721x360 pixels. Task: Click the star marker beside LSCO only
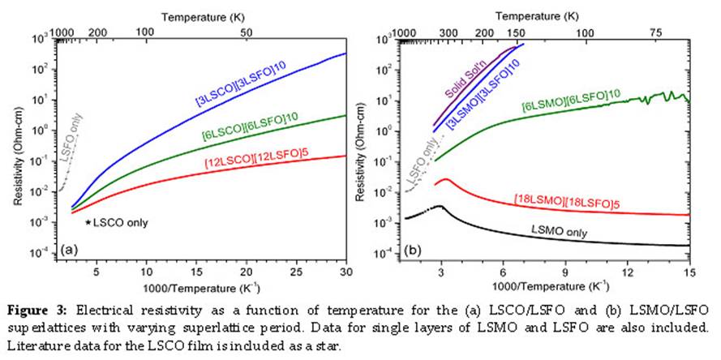88,221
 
